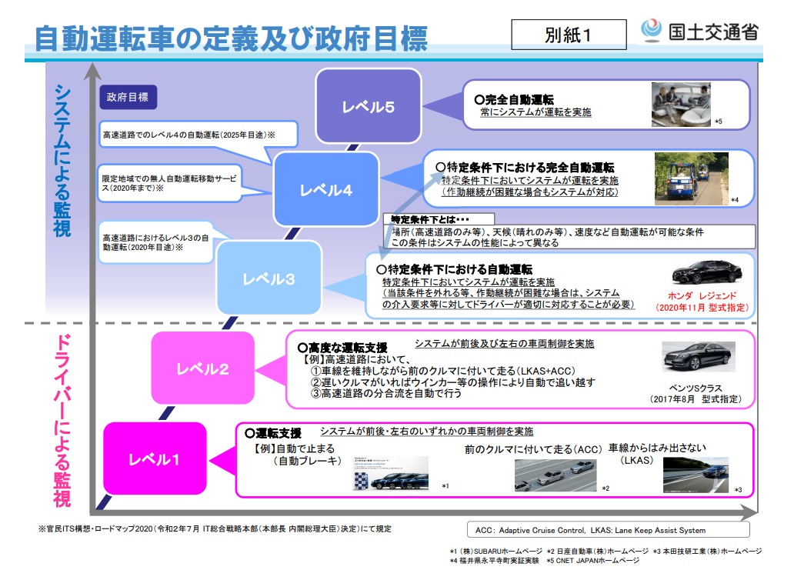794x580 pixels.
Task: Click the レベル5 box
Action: [369, 106]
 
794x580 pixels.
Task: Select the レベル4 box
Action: [326, 189]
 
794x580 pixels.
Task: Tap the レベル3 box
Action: [269, 278]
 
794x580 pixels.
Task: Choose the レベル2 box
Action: [202, 368]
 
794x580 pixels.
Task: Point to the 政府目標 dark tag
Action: [128, 98]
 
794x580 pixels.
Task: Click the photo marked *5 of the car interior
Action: [681, 104]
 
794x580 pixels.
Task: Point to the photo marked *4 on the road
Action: [691, 178]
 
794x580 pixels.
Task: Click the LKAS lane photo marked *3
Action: [696, 475]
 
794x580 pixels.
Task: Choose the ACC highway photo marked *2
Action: [555, 475]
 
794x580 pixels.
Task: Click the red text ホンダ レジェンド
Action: [702, 295]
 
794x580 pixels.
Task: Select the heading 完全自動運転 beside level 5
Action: [519, 99]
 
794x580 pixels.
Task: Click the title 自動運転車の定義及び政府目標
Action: [232, 37]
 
